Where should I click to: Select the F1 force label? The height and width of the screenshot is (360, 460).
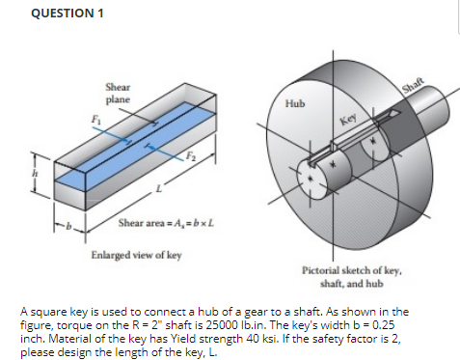tap(95, 120)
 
